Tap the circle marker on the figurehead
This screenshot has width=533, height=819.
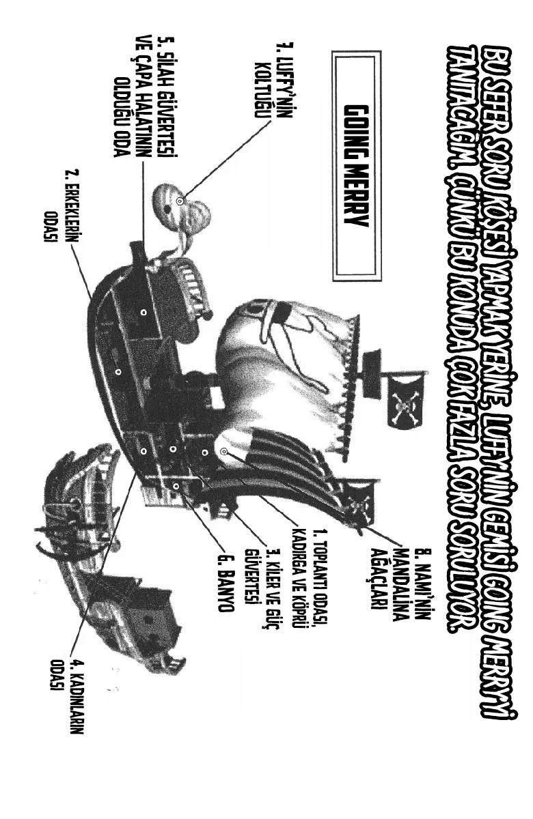180,201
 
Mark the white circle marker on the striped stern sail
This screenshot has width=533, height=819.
224,451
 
